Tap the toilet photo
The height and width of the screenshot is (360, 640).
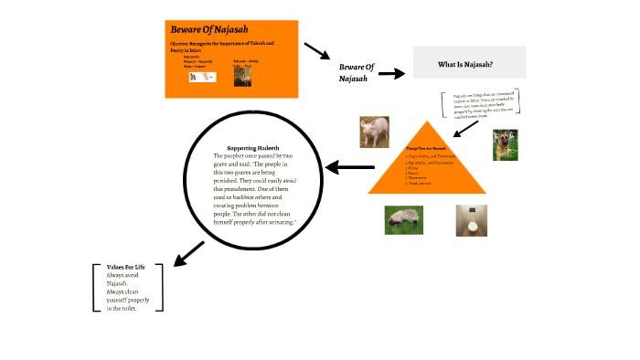point(472,221)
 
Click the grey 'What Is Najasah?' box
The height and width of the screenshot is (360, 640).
point(469,63)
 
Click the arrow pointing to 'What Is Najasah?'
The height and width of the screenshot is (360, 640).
point(391,73)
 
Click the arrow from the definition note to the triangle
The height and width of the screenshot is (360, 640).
point(466,129)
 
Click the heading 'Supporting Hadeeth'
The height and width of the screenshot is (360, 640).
point(252,148)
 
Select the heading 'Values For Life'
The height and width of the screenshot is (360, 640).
point(125,267)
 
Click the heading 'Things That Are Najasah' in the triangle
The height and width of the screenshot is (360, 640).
point(426,147)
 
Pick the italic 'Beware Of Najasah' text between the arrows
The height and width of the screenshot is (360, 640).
point(357,72)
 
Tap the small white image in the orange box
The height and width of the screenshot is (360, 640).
point(200,79)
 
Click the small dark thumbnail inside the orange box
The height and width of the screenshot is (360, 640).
point(242,79)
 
